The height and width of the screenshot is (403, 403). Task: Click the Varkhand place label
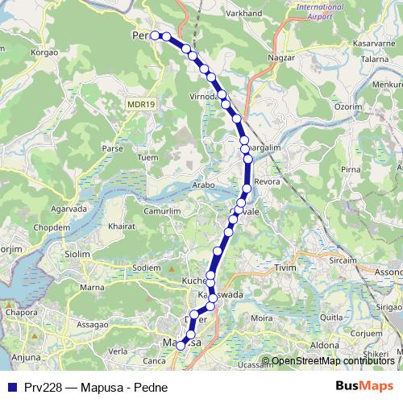tap(243, 13)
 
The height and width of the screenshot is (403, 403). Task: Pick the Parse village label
tap(112, 149)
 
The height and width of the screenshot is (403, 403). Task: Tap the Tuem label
tap(149, 157)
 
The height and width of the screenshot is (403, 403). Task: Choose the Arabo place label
tap(203, 185)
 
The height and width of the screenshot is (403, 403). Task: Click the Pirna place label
tap(351, 169)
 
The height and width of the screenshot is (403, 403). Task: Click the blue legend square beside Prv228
tap(12, 387)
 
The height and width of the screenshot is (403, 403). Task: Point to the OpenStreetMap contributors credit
tap(332, 360)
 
